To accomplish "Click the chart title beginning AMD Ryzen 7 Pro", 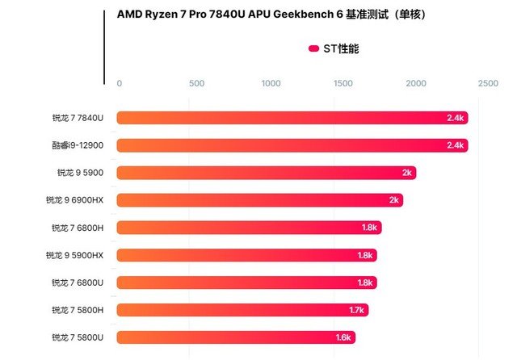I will [271, 15].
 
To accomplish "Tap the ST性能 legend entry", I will [333, 49].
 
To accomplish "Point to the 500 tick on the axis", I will [196, 83].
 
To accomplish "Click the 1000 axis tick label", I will [271, 83].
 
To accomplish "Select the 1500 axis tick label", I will [343, 83].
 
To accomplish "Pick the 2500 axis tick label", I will [488, 83].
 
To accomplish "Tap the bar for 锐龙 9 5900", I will [267, 173].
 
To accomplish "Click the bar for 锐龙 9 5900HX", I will [246, 255].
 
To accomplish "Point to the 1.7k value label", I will [356, 310].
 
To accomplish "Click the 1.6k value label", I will [343, 337].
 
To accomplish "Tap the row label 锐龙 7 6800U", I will [78, 283].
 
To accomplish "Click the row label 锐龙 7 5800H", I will [78, 310].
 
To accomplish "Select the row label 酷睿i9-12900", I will [78, 145].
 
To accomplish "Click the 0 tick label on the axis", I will [120, 83].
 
